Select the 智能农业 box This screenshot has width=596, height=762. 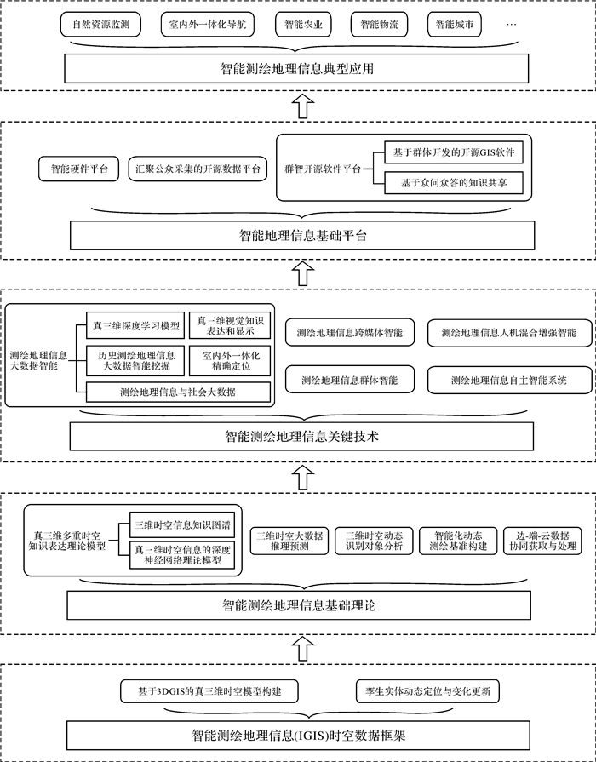click(301, 26)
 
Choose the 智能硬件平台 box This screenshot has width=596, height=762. click(79, 169)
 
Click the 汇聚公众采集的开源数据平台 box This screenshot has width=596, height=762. click(198, 169)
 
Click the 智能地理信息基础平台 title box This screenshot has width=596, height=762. click(302, 236)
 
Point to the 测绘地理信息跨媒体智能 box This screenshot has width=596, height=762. click(349, 332)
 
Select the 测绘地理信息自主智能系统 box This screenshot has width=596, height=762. click(508, 379)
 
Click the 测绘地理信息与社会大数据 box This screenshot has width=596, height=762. click(178, 392)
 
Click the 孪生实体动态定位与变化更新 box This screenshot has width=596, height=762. click(427, 689)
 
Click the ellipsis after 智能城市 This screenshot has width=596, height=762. click(511, 26)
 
